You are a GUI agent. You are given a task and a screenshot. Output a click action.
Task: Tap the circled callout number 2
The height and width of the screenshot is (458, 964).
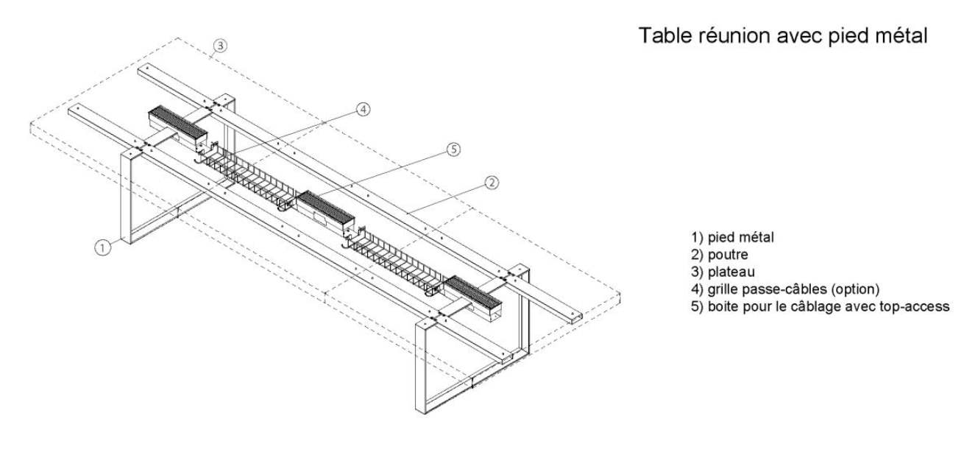tap(492, 182)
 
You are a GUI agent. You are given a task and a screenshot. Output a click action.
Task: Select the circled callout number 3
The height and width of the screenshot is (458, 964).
tap(220, 46)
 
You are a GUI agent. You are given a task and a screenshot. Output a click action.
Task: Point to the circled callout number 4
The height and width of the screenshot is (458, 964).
tap(362, 110)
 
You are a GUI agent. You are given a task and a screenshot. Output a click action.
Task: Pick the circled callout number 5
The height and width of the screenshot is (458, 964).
tap(454, 149)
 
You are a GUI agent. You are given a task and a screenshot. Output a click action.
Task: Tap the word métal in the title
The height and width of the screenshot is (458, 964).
tap(901, 35)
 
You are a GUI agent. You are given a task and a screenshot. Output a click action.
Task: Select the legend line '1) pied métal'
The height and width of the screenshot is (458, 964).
tap(732, 237)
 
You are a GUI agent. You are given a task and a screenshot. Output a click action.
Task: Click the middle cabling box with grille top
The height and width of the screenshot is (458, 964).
tap(325, 208)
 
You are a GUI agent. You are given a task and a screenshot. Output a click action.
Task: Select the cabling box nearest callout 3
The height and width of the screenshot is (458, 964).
tap(176, 124)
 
